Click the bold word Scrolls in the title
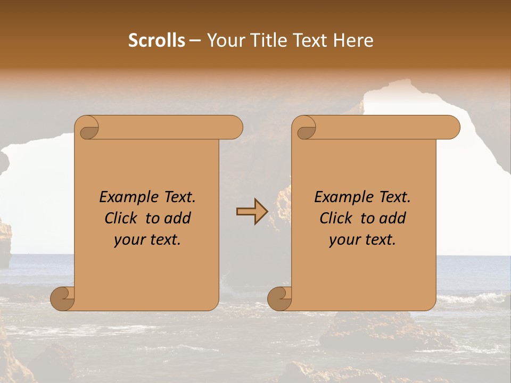157,40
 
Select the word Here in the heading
354,40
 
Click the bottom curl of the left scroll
62,298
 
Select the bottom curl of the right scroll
279,298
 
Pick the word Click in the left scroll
121,219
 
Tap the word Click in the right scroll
336,219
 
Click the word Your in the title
224,40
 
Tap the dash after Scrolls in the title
195,40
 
